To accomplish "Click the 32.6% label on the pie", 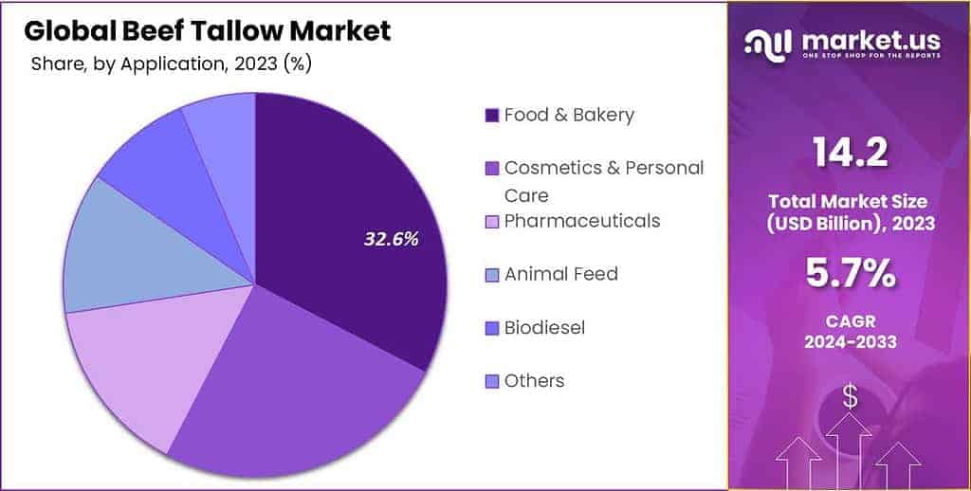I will pyautogui.click(x=391, y=239).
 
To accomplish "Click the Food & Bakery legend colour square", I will pyautogui.click(x=491, y=116).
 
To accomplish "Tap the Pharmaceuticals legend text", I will pyautogui.click(x=581, y=221).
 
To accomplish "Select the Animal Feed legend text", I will pyautogui.click(x=560, y=274).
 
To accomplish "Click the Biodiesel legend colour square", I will pyautogui.click(x=491, y=328).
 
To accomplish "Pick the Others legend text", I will pyautogui.click(x=534, y=381).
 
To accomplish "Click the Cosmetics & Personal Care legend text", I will pyautogui.click(x=603, y=168).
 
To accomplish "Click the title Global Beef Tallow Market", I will pyautogui.click(x=207, y=31).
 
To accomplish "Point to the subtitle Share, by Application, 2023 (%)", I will pyautogui.click(x=171, y=64).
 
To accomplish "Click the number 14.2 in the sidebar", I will pyautogui.click(x=849, y=153).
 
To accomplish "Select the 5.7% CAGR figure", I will pyautogui.click(x=850, y=275).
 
